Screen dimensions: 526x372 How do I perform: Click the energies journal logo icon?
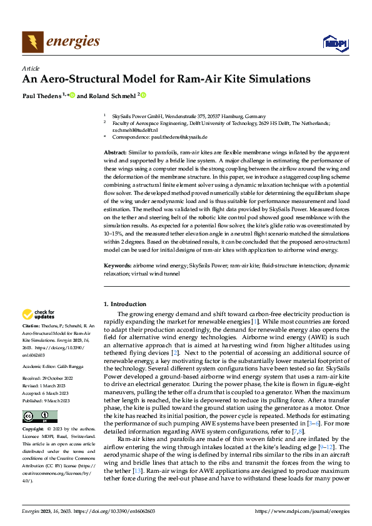pos(33,42)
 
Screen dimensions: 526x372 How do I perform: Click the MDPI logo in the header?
pos(333,42)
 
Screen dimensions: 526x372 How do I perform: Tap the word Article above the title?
pos(31,67)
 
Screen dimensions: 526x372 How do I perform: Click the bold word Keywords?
pos(118,266)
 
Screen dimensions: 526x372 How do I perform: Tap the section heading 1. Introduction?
pos(124,304)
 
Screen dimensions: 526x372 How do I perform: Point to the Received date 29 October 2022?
pos(54,378)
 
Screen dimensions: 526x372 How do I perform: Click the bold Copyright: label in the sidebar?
pos(34,430)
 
